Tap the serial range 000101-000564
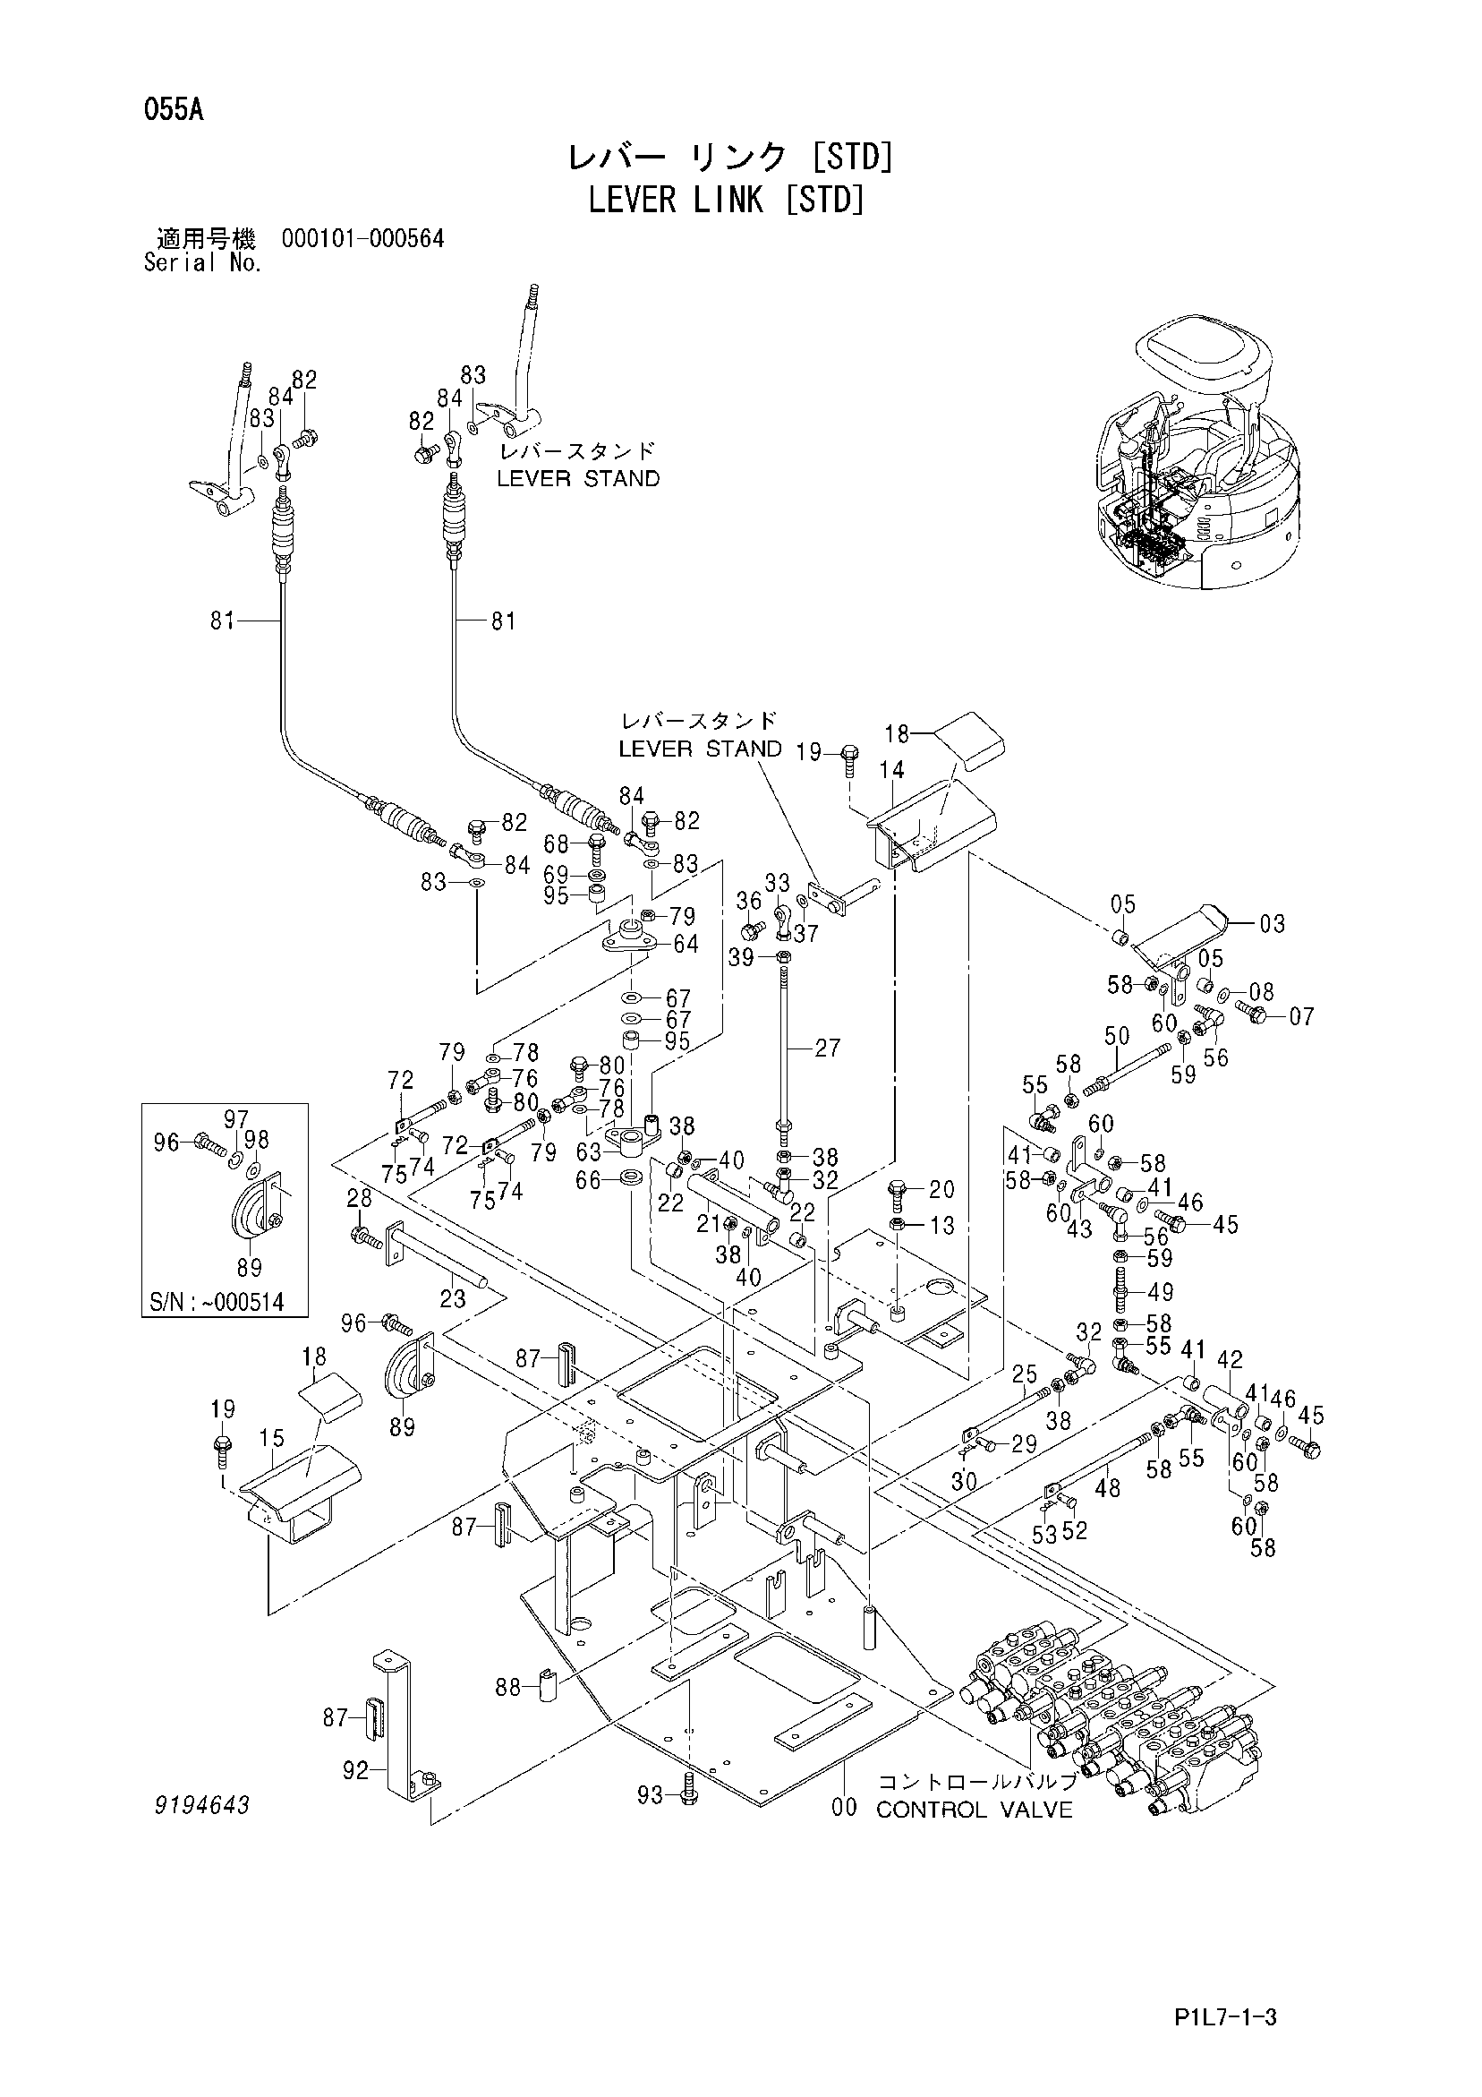point(363,239)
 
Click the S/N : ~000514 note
point(224,1301)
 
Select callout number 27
point(827,1048)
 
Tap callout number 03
point(1272,924)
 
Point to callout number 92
point(356,1771)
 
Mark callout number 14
point(891,770)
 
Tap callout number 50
point(1117,1036)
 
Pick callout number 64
point(685,944)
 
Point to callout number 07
point(1301,1015)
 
